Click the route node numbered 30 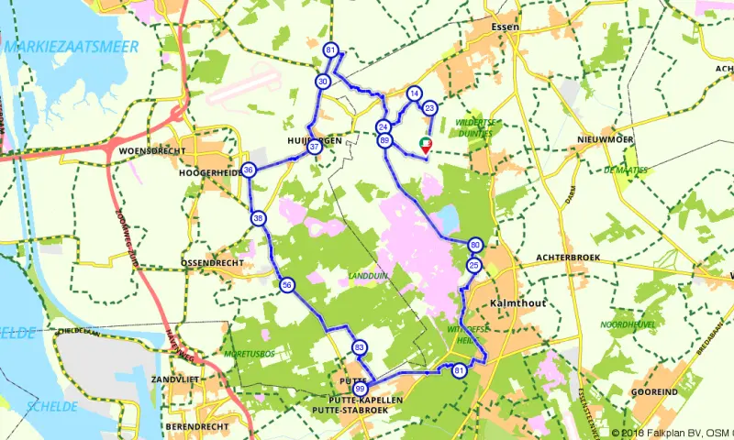point(323,82)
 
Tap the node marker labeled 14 point(414,93)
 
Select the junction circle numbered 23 point(429,108)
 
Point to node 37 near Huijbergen point(315,147)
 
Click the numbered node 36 point(249,170)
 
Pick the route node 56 point(287,285)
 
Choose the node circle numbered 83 point(359,346)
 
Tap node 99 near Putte point(359,388)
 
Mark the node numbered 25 point(473,265)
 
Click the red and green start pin point(425,144)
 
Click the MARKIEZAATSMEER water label point(70,47)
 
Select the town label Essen point(506,27)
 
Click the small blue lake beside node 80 point(449,218)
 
